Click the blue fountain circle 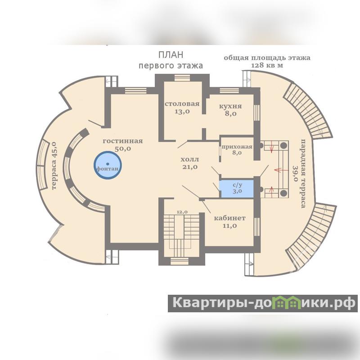pyautogui.click(x=108, y=165)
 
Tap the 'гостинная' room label pyautogui.click(x=122, y=141)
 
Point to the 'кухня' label pyautogui.click(x=230, y=106)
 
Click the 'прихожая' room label pyautogui.click(x=237, y=146)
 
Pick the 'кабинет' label pyautogui.click(x=229, y=218)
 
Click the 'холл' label pyautogui.click(x=189, y=160)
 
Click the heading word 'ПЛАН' pyautogui.click(x=171, y=55)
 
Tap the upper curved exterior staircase pyautogui.click(x=310, y=112)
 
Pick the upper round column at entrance pyautogui.click(x=284, y=146)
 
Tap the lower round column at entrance pyautogui.click(x=284, y=193)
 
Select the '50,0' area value pyautogui.click(x=122, y=148)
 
